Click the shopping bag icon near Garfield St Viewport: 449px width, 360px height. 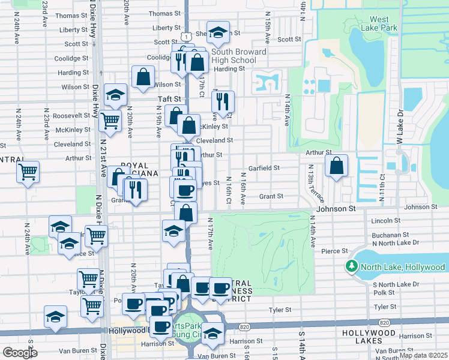(337, 166)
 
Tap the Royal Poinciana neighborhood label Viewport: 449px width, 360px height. (139, 169)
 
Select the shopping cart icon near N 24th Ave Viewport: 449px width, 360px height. (28, 172)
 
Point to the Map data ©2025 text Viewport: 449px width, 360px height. (423, 355)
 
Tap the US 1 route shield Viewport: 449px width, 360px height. (188, 37)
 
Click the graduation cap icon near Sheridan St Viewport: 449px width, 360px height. (218, 32)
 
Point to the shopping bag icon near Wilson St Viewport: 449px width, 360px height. (143, 77)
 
